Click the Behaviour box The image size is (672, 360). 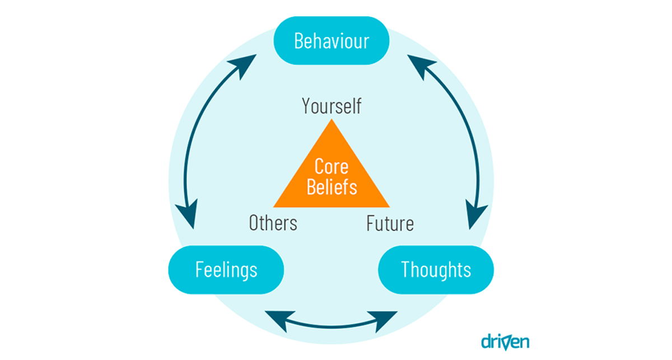[x=332, y=41]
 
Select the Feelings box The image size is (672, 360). [x=226, y=269]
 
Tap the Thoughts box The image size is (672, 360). [x=436, y=269]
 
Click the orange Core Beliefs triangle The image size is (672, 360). [x=332, y=179]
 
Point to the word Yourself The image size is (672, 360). [x=332, y=106]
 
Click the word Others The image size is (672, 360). [x=273, y=223]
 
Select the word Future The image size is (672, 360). [x=390, y=223]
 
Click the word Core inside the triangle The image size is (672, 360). [x=332, y=166]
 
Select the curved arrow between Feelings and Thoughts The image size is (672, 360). [x=332, y=325]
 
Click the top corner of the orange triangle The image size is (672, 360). [x=332, y=124]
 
